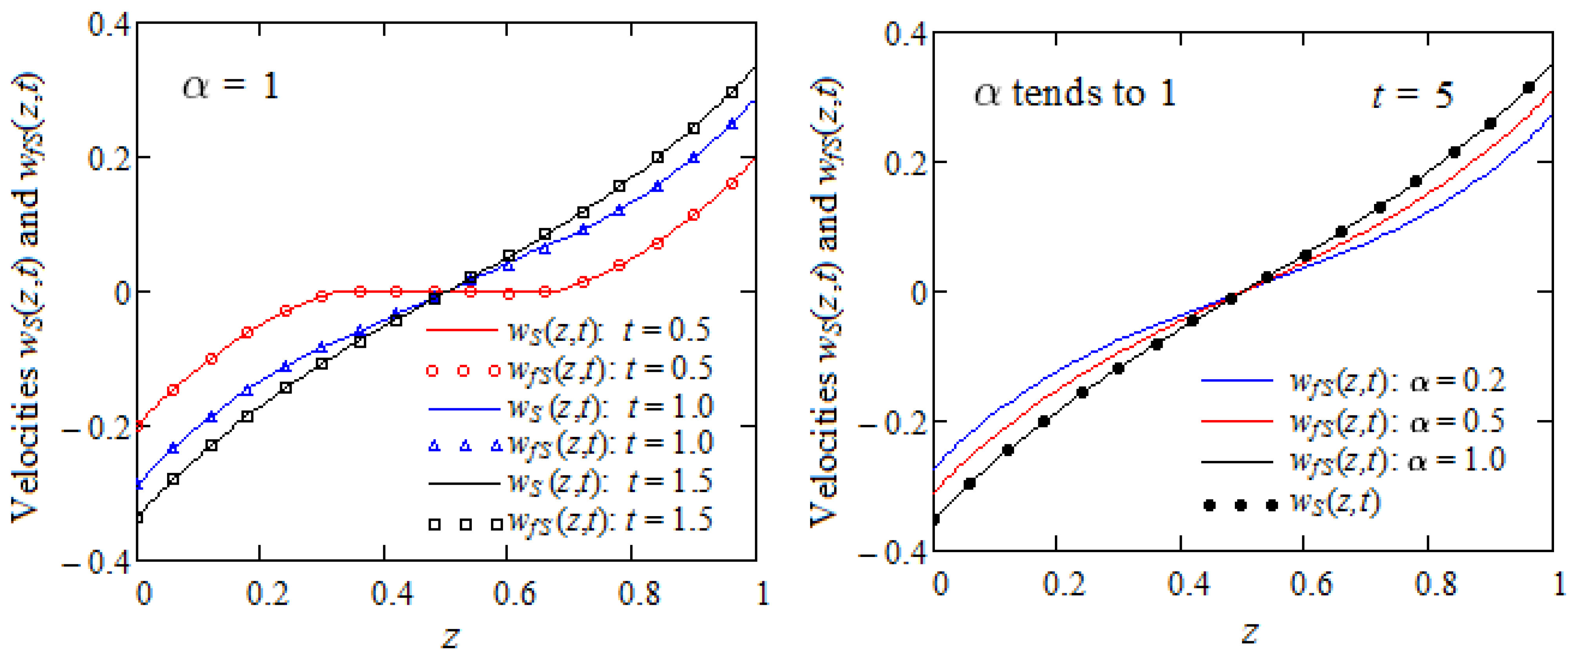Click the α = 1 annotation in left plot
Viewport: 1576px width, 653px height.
click(x=231, y=86)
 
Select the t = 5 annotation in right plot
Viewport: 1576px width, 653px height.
click(x=1411, y=95)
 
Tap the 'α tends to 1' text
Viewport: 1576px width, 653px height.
click(x=1074, y=94)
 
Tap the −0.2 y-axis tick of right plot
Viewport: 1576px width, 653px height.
click(x=892, y=423)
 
